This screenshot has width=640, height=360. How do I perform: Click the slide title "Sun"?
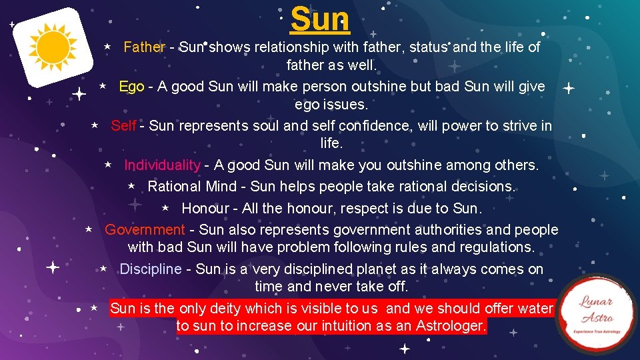(x=320, y=20)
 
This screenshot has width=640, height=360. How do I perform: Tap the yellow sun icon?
(x=53, y=46)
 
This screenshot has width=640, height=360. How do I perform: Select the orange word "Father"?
(x=144, y=47)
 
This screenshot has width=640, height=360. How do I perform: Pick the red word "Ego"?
(x=131, y=87)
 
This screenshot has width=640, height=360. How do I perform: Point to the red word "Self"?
(x=123, y=126)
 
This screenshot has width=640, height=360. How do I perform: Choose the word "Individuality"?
(x=162, y=165)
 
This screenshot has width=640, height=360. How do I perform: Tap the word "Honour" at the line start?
(x=205, y=208)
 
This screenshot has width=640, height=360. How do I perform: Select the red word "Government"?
(x=145, y=230)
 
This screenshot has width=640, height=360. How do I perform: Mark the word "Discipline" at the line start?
(x=150, y=269)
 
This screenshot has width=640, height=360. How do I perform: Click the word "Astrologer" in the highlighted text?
(x=451, y=327)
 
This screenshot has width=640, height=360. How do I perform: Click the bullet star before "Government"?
(x=88, y=230)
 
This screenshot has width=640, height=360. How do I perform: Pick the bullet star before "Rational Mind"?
(x=131, y=187)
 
